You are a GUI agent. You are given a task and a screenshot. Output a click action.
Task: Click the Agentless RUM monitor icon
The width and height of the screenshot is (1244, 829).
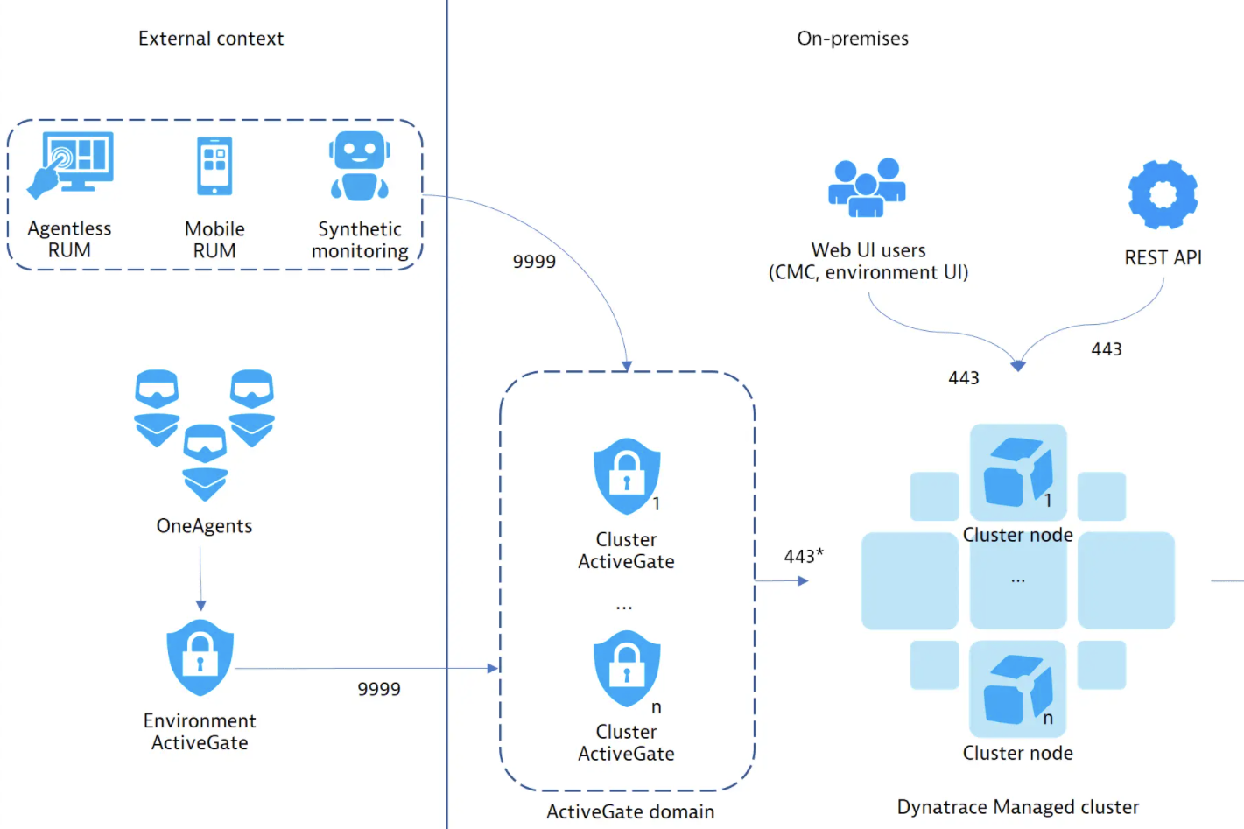pyautogui.click(x=71, y=164)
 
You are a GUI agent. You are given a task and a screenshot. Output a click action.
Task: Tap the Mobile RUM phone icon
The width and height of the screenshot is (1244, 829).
pyautogui.click(x=214, y=166)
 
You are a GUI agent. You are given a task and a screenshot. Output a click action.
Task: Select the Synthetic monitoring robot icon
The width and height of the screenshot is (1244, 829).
pyautogui.click(x=360, y=166)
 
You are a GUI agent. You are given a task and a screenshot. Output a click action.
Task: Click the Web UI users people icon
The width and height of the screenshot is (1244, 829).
pyautogui.click(x=867, y=187)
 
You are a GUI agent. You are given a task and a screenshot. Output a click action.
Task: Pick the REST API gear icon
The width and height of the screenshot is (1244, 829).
pyautogui.click(x=1163, y=194)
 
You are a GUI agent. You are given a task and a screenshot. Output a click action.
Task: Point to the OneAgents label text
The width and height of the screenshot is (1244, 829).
pyautogui.click(x=204, y=526)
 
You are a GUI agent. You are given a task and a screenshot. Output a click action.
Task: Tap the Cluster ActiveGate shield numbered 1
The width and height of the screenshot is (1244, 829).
pyautogui.click(x=627, y=476)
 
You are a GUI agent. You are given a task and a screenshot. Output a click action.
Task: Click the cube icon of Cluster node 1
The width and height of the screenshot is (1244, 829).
pyautogui.click(x=1017, y=473)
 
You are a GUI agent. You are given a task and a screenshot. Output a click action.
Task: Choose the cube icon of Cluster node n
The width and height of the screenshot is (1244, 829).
pyautogui.click(x=1017, y=690)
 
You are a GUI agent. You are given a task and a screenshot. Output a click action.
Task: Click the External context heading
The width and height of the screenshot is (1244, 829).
pyautogui.click(x=211, y=39)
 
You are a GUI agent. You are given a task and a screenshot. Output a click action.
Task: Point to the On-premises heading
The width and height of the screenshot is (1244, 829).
pyautogui.click(x=853, y=39)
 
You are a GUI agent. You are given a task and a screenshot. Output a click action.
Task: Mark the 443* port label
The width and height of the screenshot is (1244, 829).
pyautogui.click(x=804, y=556)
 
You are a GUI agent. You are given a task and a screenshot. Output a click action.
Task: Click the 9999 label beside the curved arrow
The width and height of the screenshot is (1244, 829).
pyautogui.click(x=534, y=262)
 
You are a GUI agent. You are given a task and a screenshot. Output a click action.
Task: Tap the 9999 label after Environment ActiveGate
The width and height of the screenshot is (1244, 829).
pyautogui.click(x=379, y=690)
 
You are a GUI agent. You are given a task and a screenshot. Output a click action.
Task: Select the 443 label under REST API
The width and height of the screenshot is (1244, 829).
pyautogui.click(x=1107, y=349)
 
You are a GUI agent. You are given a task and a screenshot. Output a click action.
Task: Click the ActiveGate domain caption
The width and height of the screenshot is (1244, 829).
pyautogui.click(x=630, y=812)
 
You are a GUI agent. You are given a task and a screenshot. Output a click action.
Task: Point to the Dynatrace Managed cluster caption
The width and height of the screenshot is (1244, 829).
pyautogui.click(x=1018, y=807)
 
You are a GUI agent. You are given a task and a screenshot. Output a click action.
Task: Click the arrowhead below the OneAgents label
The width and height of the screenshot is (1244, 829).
pyautogui.click(x=201, y=606)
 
